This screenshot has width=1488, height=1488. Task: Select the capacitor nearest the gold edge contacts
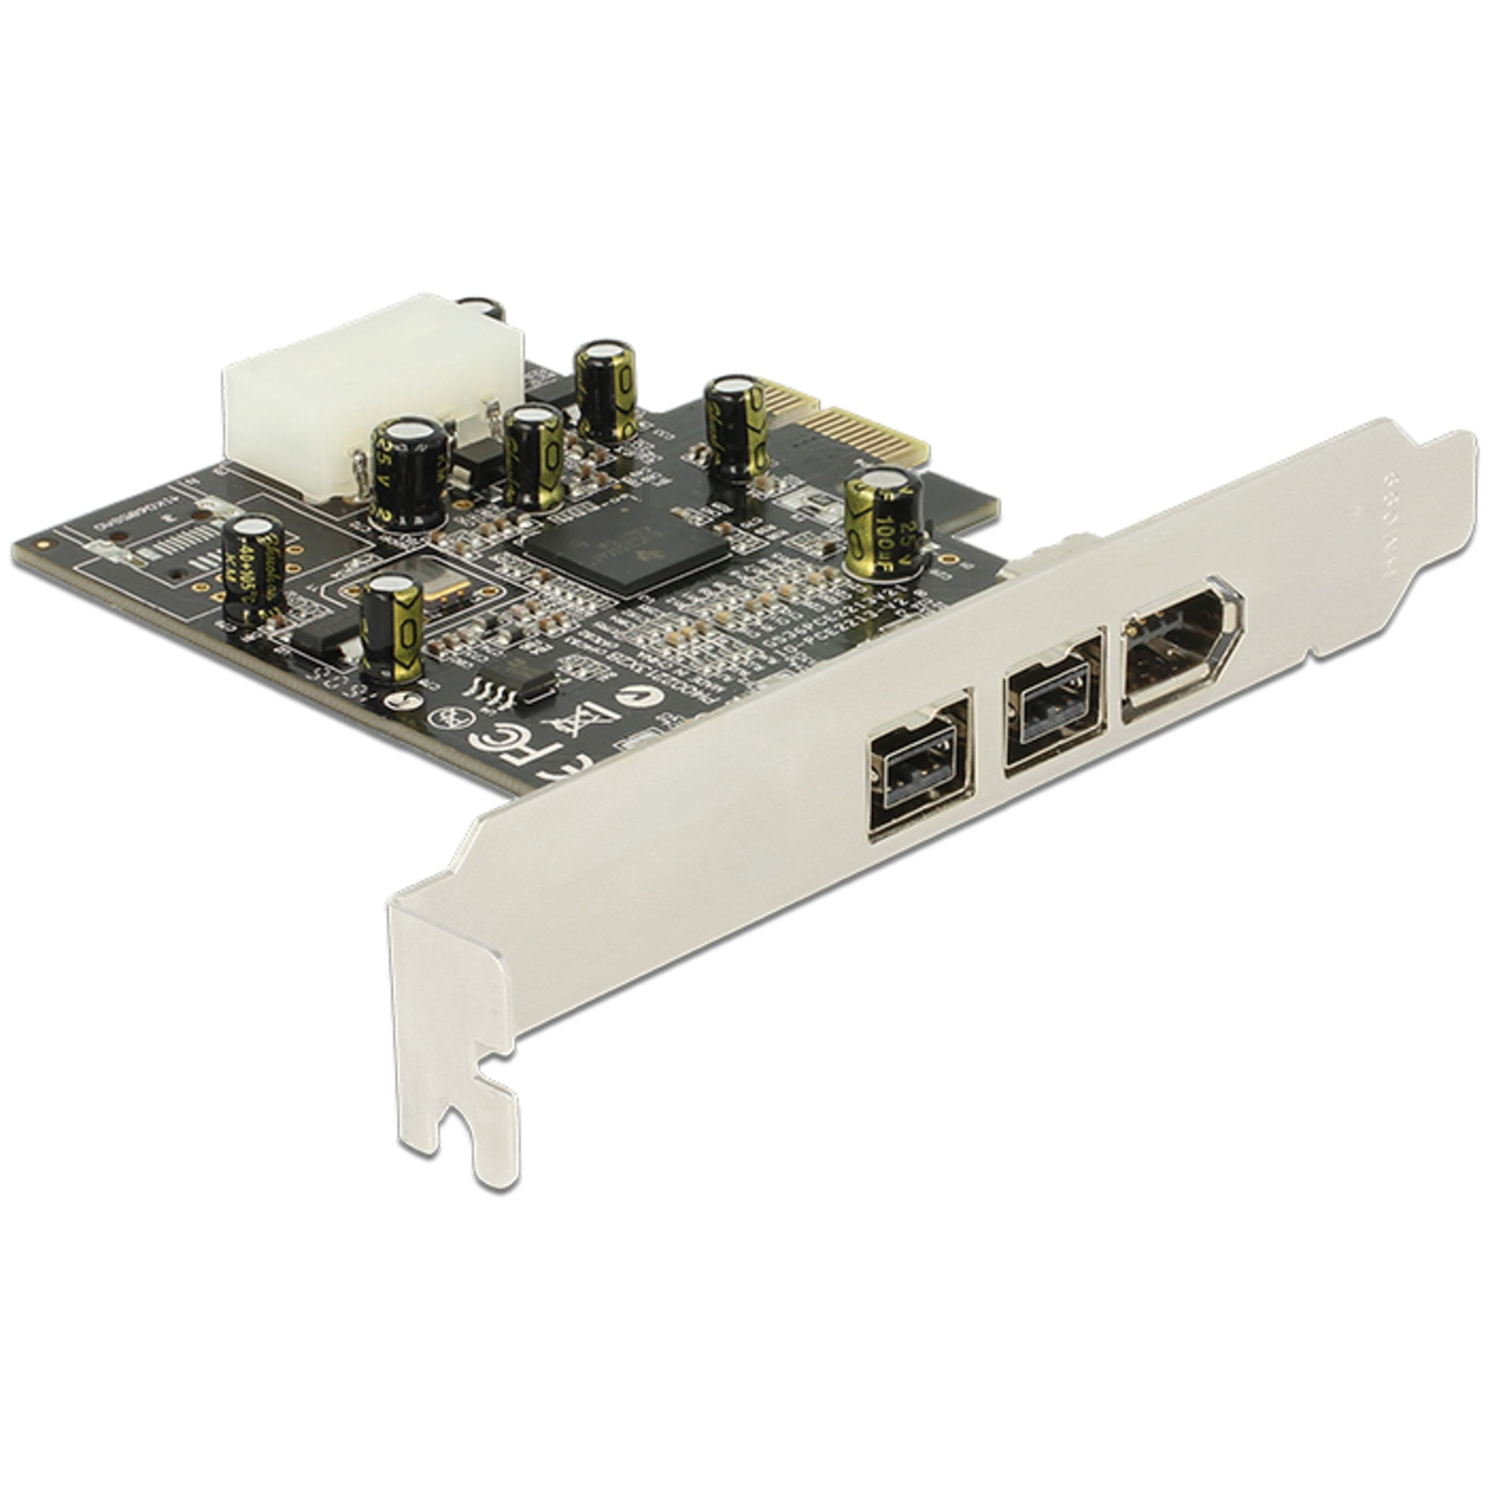[736, 427]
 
